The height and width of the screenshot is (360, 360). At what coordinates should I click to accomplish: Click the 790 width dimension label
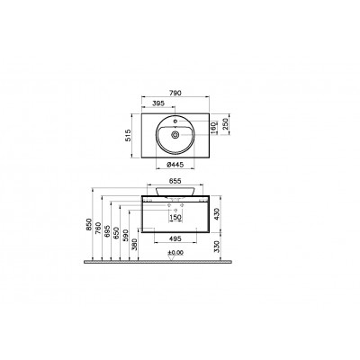point(175,93)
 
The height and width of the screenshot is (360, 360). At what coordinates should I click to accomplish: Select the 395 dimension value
point(158,103)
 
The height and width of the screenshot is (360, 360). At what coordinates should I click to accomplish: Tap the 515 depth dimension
point(129,136)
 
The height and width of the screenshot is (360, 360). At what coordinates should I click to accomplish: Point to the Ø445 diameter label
point(175,165)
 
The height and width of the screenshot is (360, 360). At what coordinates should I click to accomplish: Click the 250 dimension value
point(226,123)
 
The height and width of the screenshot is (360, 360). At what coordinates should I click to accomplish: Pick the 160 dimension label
point(214,127)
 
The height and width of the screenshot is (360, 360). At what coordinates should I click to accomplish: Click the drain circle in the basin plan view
point(175,135)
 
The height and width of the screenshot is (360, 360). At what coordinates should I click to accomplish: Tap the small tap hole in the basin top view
point(175,121)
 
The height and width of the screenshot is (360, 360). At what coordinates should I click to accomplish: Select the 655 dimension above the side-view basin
point(175,181)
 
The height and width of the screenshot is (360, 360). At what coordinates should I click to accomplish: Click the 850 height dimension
point(88,224)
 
